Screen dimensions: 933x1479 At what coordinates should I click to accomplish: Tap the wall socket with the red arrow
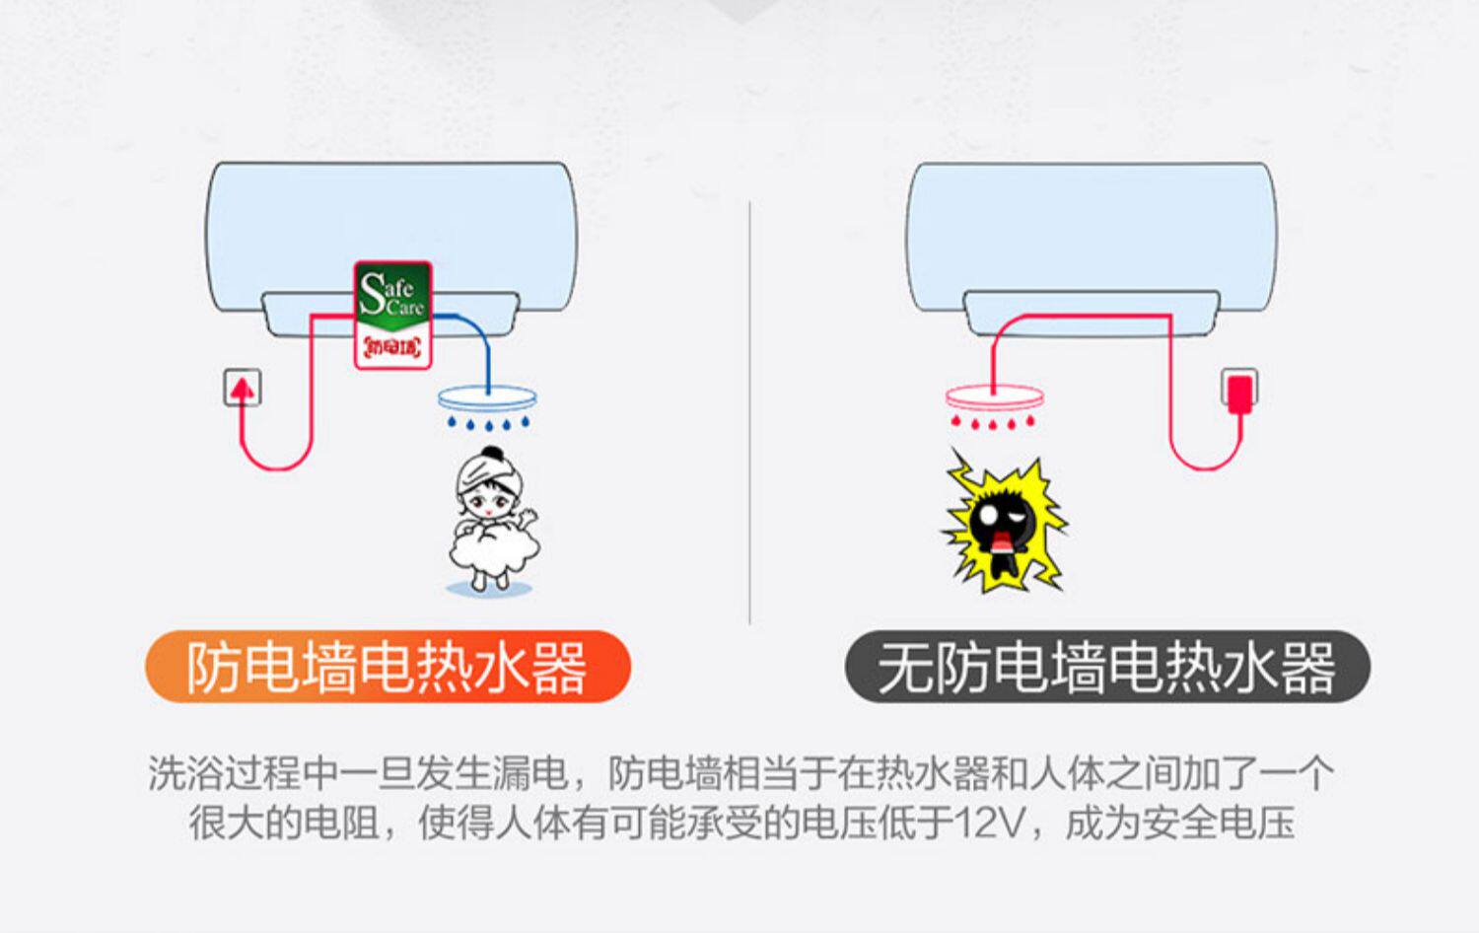point(242,388)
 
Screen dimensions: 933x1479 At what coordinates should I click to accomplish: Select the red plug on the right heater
point(1239,391)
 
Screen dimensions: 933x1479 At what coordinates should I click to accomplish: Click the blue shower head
point(487,398)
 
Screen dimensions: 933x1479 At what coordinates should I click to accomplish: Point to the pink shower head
point(994,397)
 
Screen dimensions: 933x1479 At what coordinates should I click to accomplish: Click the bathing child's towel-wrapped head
point(490,473)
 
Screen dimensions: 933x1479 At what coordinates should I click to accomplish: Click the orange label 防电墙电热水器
point(387,668)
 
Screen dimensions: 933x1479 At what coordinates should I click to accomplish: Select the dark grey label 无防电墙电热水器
point(1107,668)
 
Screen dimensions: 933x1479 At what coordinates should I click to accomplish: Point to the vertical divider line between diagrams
point(750,414)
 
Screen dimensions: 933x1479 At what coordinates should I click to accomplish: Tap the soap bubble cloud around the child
point(493,552)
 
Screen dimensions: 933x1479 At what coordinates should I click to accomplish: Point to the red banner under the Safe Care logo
point(392,347)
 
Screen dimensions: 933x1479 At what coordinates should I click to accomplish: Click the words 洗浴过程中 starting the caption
point(243,773)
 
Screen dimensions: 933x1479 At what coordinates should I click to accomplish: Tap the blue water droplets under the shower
point(487,424)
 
